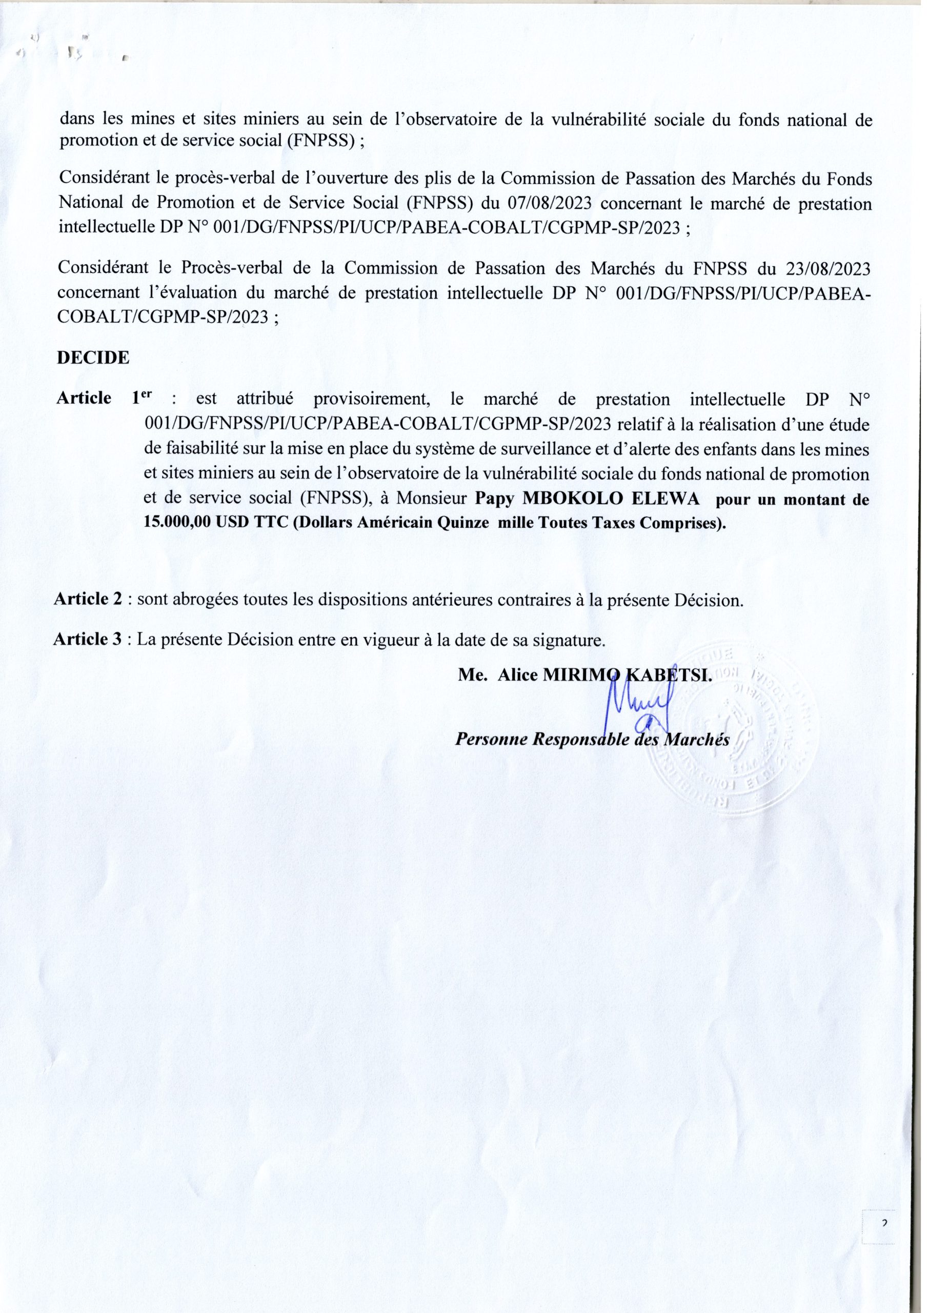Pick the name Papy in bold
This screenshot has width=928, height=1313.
tap(496, 499)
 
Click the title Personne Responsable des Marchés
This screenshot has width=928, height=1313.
tap(592, 740)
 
